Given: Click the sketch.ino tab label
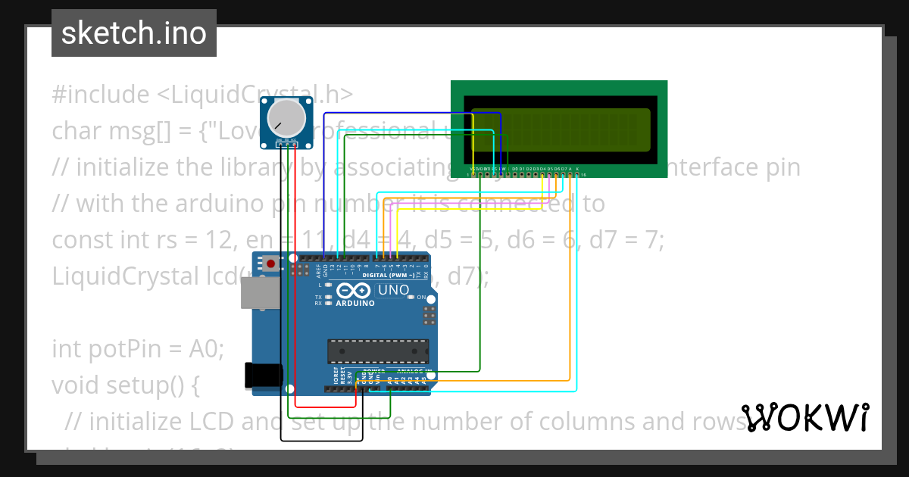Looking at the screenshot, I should point(133,33).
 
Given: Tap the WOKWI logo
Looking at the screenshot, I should point(805,418).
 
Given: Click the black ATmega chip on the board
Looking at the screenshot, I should point(377,351).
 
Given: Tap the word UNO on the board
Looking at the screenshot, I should point(393,290).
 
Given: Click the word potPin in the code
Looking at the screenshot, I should point(128,349).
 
